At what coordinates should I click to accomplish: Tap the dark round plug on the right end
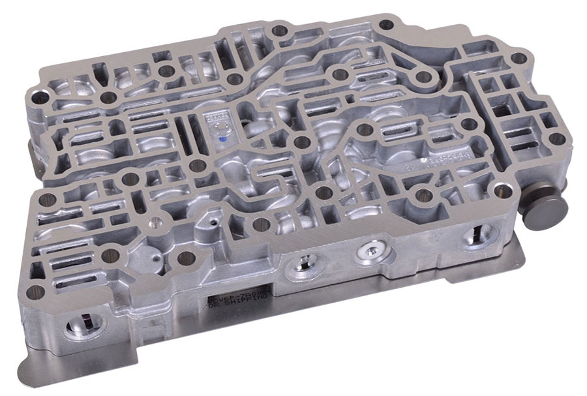tap(549, 206)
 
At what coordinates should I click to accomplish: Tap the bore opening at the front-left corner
tap(83, 323)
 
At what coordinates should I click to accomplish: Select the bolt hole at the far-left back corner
tap(42, 99)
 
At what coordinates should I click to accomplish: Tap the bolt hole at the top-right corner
tap(519, 58)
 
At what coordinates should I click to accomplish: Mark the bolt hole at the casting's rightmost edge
tap(557, 138)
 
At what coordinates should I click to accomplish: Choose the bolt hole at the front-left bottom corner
tap(35, 292)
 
